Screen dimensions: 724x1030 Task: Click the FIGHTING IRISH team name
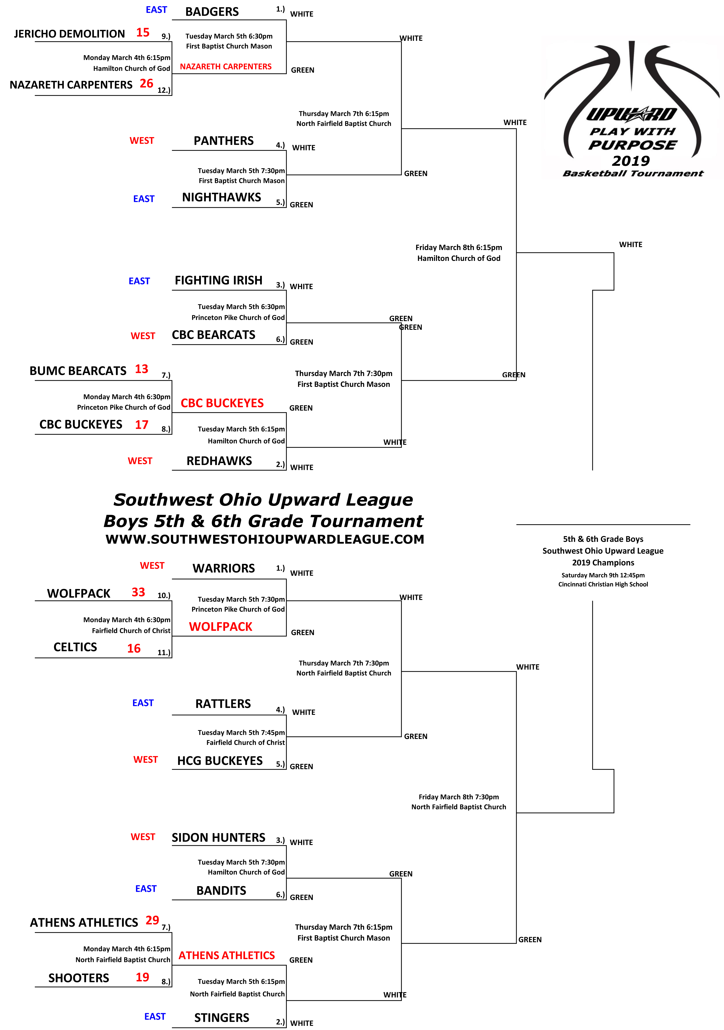219,280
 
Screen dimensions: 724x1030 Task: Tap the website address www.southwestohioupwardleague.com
265,539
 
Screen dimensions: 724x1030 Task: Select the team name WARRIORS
223,568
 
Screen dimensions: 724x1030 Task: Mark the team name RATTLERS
223,704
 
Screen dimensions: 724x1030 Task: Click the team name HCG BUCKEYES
220,761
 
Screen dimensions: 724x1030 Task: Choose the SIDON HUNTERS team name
219,838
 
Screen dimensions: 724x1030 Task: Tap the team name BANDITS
221,891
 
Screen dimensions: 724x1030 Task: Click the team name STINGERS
222,1018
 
